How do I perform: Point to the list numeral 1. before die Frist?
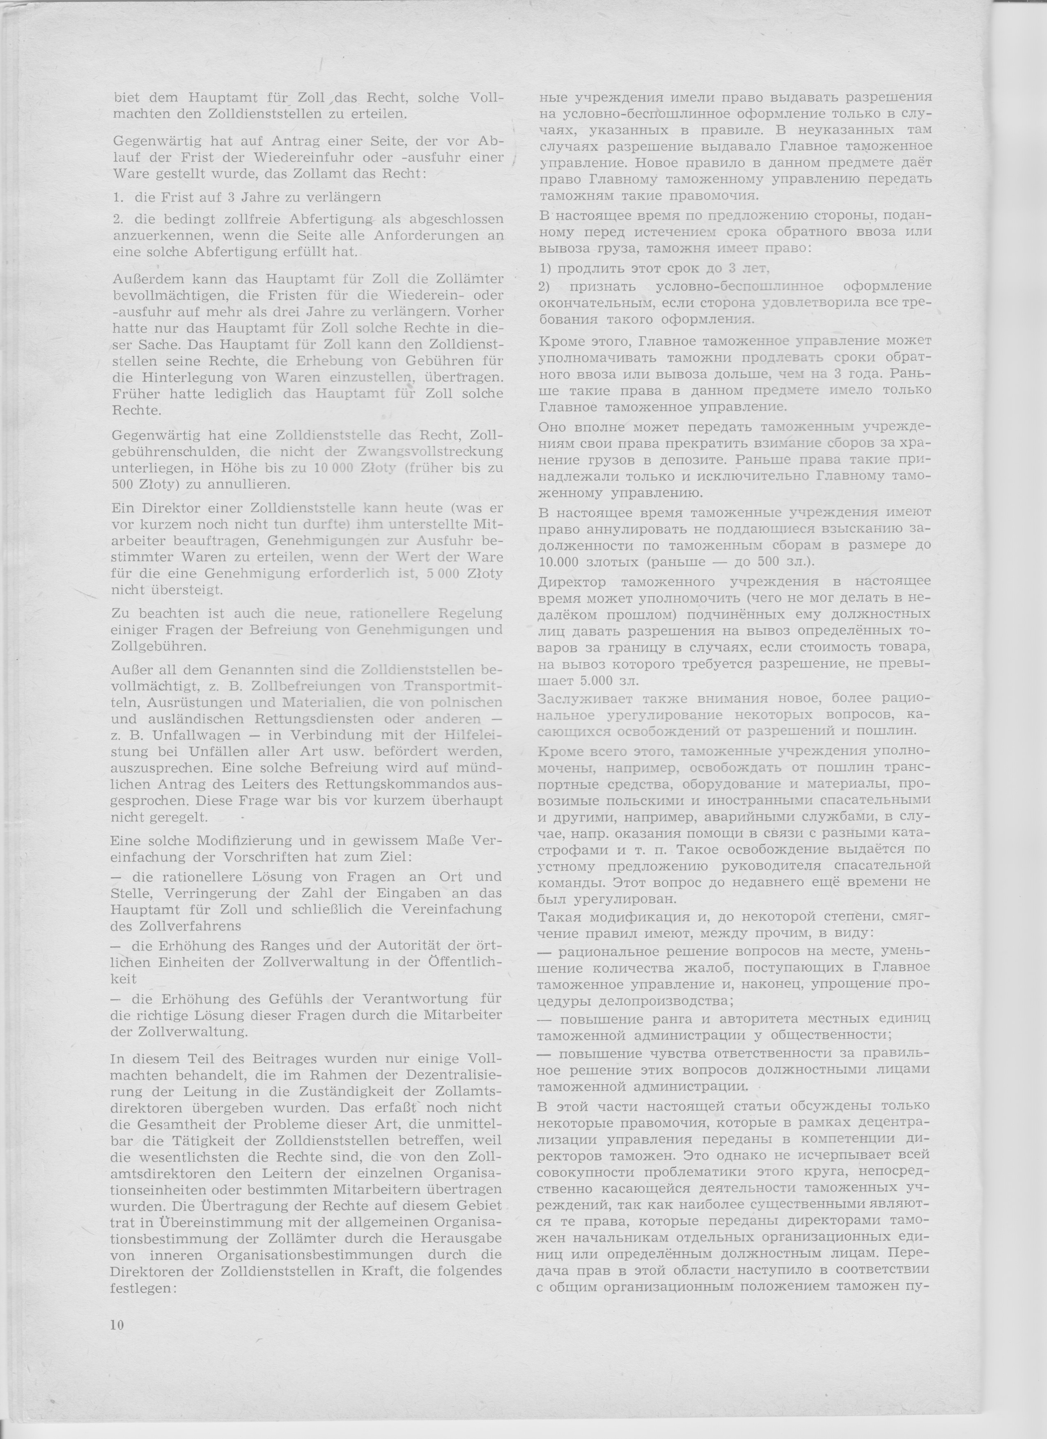pos(118,197)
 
